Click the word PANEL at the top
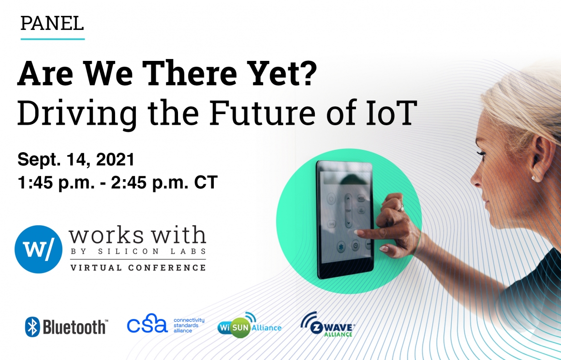[52, 23]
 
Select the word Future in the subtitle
[262, 112]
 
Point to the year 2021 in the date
[115, 159]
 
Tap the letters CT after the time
[206, 182]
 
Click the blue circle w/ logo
[38, 249]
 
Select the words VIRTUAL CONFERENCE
[138, 267]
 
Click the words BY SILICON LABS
[138, 251]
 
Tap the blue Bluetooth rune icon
[32, 327]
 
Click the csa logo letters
[147, 324]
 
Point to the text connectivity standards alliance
[189, 325]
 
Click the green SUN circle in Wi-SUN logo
[240, 327]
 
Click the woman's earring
[533, 178]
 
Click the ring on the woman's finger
[401, 207]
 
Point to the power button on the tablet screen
[332, 199]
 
